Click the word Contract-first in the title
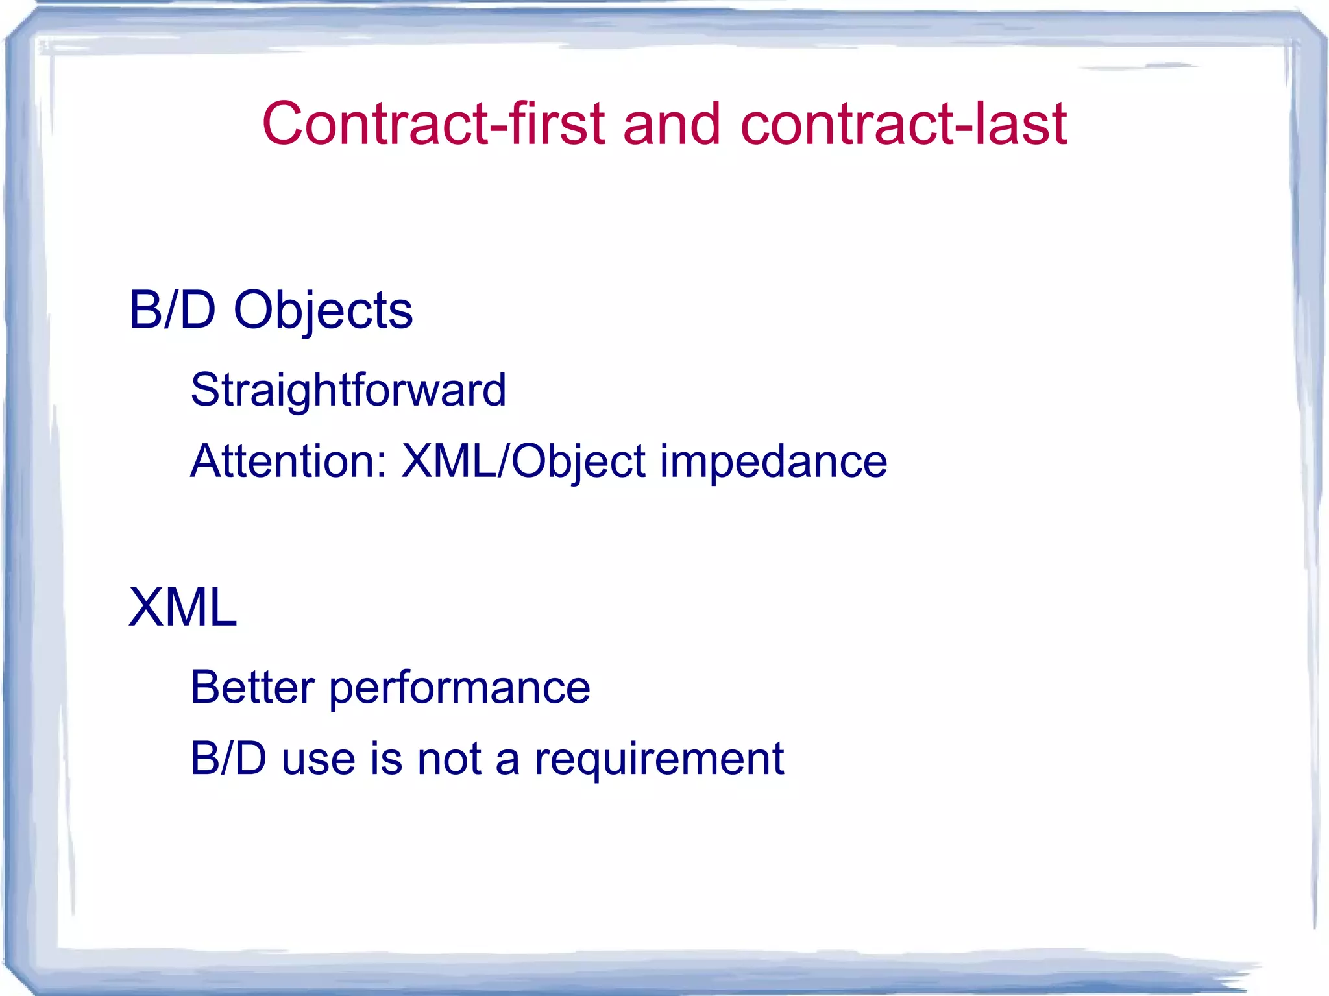(x=433, y=124)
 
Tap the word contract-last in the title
(x=903, y=124)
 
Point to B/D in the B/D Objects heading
(x=172, y=310)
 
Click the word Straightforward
(x=348, y=391)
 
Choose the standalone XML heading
(x=183, y=607)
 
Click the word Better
(x=252, y=687)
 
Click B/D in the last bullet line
(x=228, y=759)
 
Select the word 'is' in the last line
(x=386, y=759)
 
